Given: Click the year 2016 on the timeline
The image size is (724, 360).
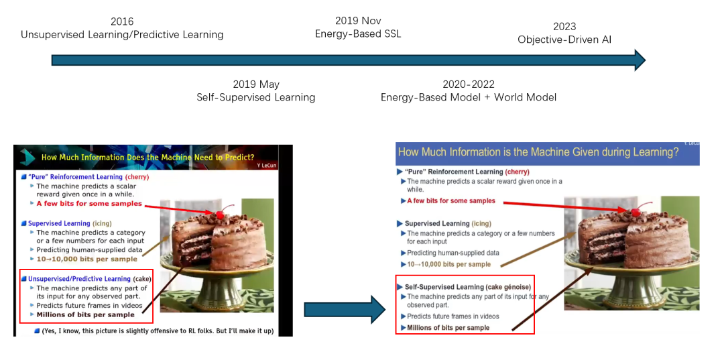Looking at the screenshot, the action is tap(122, 21).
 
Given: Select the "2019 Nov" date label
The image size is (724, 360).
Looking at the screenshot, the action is tap(358, 21).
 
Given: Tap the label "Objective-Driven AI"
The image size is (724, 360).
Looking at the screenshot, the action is tap(564, 40).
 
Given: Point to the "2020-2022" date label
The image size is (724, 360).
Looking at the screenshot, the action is tap(468, 84).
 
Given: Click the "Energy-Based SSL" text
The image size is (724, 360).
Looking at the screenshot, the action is tap(358, 34).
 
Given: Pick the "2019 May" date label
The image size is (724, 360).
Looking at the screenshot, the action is tap(256, 84).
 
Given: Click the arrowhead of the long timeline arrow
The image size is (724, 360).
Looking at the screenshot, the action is tap(640, 60).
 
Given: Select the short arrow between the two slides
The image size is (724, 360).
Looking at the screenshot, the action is tap(345, 309).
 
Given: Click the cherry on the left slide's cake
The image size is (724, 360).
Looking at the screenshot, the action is tap(220, 214).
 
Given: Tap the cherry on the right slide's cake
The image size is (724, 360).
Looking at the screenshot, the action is tap(636, 212).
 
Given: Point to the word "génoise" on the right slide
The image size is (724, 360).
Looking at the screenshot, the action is tap(518, 286).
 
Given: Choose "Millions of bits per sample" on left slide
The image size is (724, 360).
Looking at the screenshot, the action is tap(85, 315).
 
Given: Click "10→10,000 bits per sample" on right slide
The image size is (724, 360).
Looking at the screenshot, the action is tap(448, 264).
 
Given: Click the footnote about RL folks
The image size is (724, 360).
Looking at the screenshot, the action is tap(158, 331).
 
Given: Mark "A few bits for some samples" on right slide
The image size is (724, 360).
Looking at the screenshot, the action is tap(451, 200).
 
